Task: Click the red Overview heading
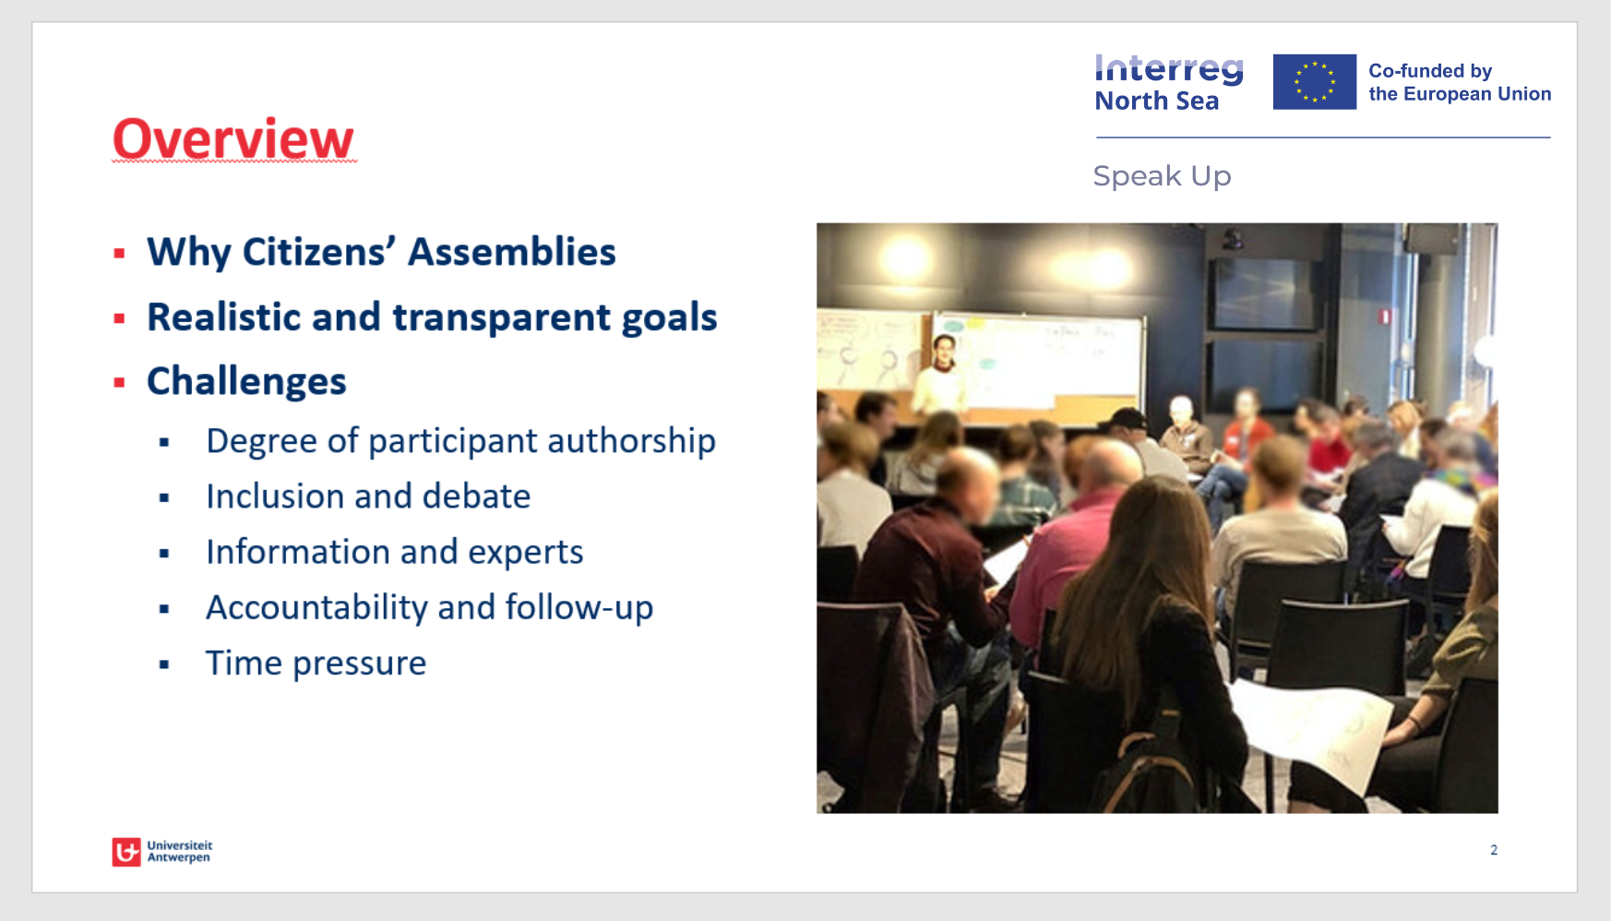tap(233, 139)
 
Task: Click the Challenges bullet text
tap(246, 382)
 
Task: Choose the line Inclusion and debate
tap(368, 496)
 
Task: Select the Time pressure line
tap(316, 664)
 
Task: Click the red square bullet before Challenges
tap(119, 382)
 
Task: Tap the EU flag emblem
tap(1314, 82)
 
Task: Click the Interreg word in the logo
tap(1168, 69)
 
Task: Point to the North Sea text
tap(1156, 102)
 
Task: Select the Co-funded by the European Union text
tap(1459, 82)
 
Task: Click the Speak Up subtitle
tap(1162, 176)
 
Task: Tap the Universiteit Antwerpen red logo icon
tap(126, 852)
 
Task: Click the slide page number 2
tap(1493, 850)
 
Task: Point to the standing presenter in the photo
tap(941, 377)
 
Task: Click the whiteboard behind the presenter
tap(1052, 355)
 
